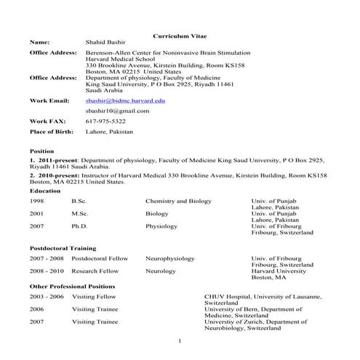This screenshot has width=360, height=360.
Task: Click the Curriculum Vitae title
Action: pos(180,36)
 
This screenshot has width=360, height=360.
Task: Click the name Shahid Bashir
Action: pos(106,43)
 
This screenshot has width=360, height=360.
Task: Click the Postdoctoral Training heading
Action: pos(63,248)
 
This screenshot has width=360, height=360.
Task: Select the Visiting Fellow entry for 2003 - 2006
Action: pos(93,297)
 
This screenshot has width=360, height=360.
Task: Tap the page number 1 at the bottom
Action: pos(180,340)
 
